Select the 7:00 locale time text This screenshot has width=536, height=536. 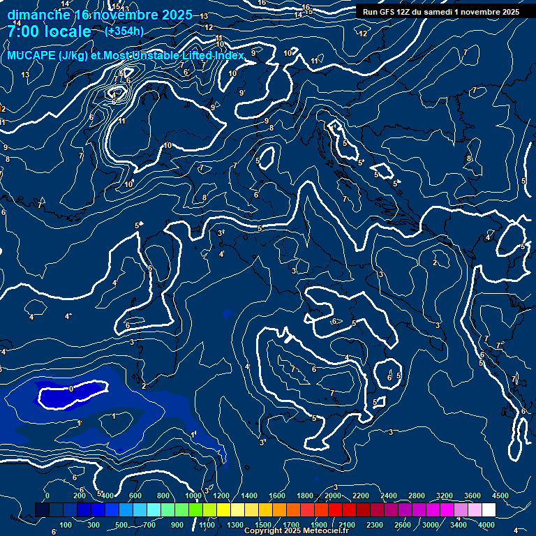48,31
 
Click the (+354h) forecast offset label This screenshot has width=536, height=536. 124,31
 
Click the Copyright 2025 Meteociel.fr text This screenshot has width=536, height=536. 296,531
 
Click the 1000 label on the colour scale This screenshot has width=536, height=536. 193,496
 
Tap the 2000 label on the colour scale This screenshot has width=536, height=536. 333,496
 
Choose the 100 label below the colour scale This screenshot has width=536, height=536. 66,525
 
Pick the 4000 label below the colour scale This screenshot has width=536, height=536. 486,525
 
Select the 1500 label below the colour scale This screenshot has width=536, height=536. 263,525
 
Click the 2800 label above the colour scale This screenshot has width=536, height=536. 417,496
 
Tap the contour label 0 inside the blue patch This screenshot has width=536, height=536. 71,389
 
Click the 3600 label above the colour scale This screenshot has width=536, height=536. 472,496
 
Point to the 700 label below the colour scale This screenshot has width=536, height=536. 149,525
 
